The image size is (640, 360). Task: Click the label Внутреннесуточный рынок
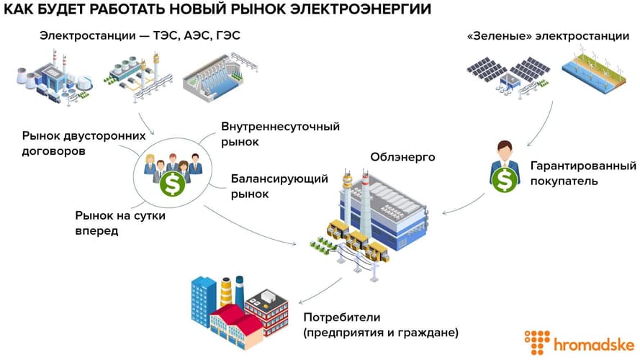280,135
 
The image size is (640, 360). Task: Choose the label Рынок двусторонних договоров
84,143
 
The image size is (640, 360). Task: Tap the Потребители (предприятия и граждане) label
380,325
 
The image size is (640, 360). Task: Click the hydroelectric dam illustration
213,78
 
